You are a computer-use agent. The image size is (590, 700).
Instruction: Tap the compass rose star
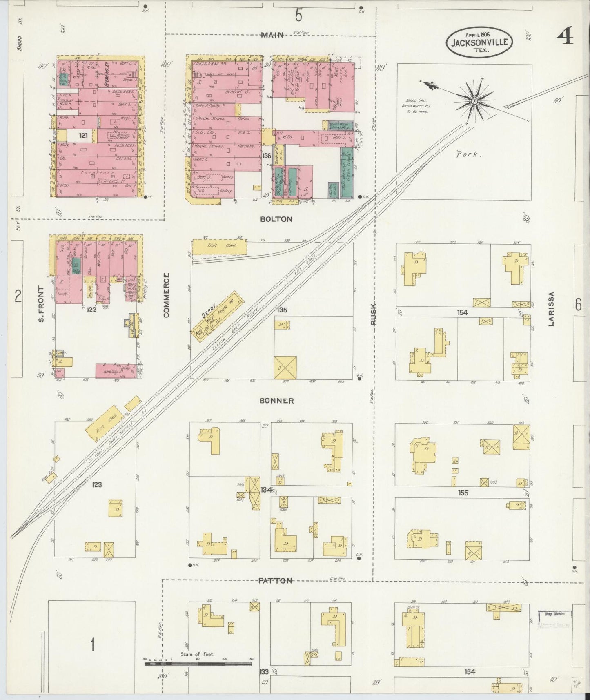474,100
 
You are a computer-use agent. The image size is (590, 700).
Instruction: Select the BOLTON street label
276,219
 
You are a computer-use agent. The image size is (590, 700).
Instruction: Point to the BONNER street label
276,401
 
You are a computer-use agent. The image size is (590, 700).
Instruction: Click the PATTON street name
275,581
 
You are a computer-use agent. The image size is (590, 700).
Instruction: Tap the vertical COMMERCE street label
166,295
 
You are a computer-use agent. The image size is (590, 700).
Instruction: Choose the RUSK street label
374,315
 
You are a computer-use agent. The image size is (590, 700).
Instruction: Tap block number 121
84,136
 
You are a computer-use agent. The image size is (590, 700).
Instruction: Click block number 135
281,310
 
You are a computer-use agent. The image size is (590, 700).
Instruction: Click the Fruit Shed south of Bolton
219,246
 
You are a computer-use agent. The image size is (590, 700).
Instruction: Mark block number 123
97,485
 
